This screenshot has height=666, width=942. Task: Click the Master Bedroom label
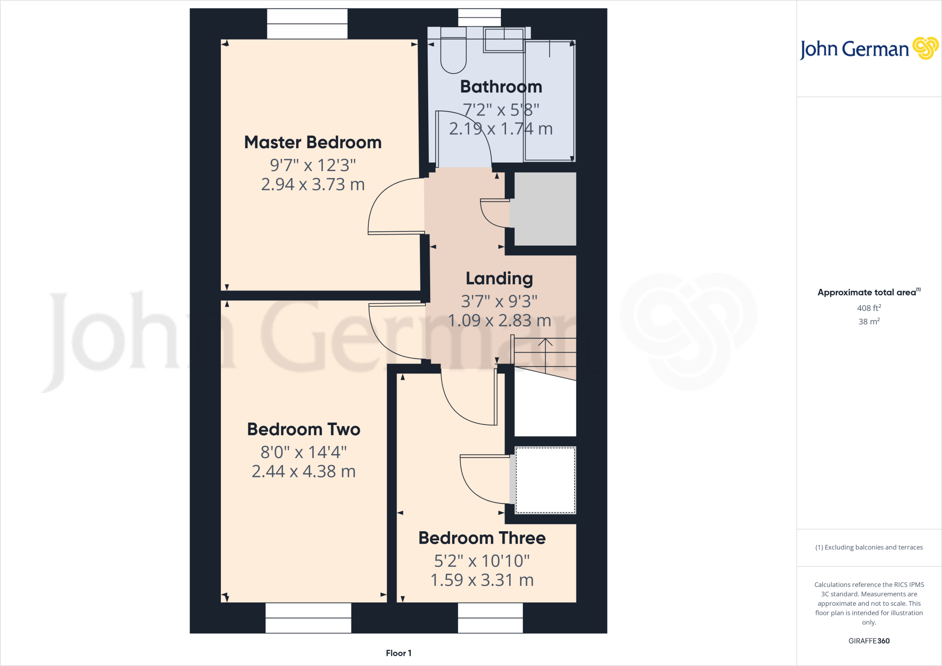tap(313, 143)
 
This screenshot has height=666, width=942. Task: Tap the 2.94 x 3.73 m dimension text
tap(313, 184)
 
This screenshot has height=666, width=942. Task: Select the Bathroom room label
tap(501, 86)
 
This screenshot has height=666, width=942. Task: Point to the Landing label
tap(499, 278)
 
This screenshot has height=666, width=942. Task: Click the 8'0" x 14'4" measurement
tap(304, 452)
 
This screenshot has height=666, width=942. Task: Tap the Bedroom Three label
tap(482, 538)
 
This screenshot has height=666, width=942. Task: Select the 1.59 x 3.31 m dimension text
tap(482, 580)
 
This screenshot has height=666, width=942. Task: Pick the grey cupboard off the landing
tap(545, 209)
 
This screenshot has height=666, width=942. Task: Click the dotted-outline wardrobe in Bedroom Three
tap(545, 480)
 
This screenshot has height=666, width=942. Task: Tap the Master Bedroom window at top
tap(307, 24)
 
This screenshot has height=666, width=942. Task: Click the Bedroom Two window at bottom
tap(308, 618)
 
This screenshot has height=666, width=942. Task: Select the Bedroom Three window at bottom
tap(490, 618)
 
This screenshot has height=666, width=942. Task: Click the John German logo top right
tap(868, 49)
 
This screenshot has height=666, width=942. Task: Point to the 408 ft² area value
tap(869, 308)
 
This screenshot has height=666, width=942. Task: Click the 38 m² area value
tap(869, 322)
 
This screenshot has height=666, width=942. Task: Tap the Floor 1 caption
tap(398, 653)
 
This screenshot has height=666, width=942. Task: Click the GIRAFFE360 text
tap(869, 641)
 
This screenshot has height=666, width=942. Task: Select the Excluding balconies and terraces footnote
tap(869, 547)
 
